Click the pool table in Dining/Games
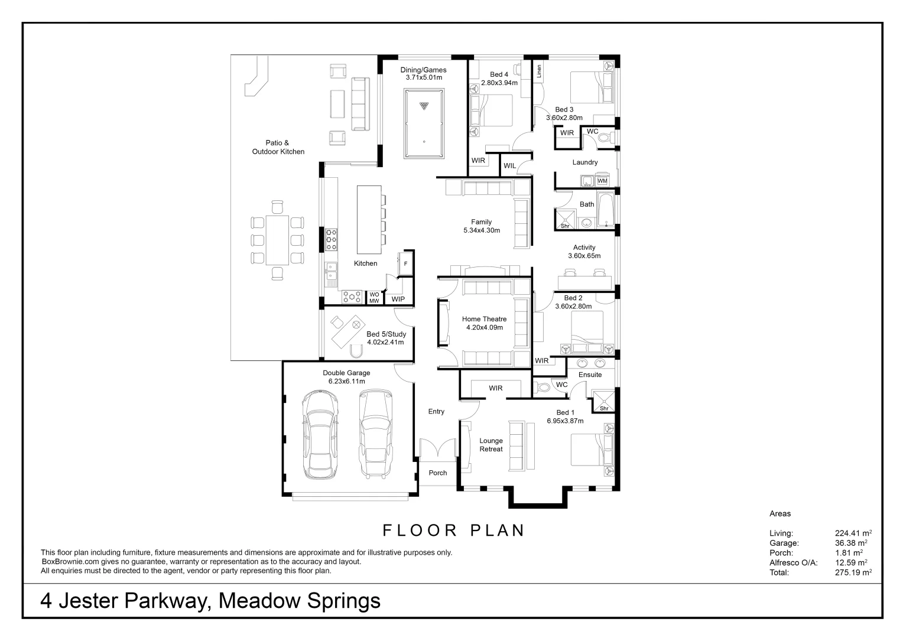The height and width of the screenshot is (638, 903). [424, 123]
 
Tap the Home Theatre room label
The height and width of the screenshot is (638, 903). [484, 319]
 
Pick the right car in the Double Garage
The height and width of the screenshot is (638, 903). [375, 435]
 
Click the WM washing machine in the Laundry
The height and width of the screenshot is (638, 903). [602, 181]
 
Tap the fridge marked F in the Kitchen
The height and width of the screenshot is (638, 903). [405, 263]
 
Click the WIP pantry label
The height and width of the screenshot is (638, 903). [398, 300]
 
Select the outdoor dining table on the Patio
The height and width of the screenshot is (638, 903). [277, 240]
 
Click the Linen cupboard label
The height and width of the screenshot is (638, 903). [539, 71]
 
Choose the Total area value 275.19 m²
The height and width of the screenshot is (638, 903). [853, 572]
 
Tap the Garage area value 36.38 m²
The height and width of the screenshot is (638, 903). [850, 543]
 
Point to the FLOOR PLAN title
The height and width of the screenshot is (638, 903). [454, 530]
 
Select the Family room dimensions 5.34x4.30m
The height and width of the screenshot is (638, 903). [482, 230]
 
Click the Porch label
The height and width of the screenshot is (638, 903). [437, 473]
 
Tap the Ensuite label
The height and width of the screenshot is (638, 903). [590, 375]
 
